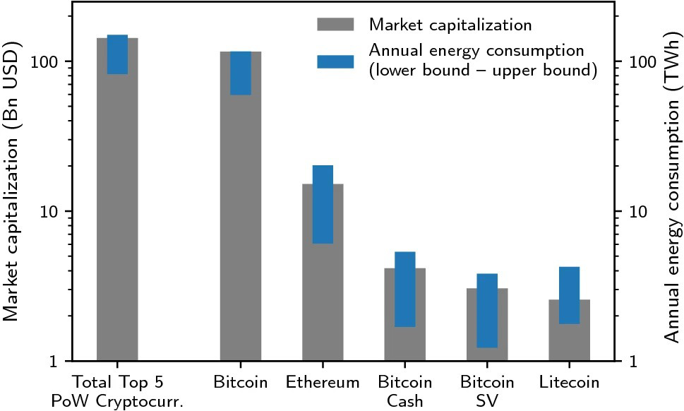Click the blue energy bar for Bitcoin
pyautogui.click(x=241, y=73)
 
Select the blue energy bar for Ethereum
pyautogui.click(x=323, y=204)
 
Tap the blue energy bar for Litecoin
pyautogui.click(x=569, y=295)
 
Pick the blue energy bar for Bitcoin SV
pyautogui.click(x=487, y=310)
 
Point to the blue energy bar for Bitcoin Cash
pyautogui.click(x=405, y=289)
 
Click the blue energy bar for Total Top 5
pyautogui.click(x=117, y=54)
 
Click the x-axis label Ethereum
pyautogui.click(x=323, y=383)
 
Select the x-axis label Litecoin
pyautogui.click(x=569, y=383)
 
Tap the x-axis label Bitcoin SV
pyautogui.click(x=487, y=391)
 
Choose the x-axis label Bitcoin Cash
pyautogui.click(x=405, y=391)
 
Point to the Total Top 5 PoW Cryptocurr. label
pyautogui.click(x=117, y=391)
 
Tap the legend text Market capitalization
pyautogui.click(x=450, y=25)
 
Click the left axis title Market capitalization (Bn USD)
pyautogui.click(x=12, y=181)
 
